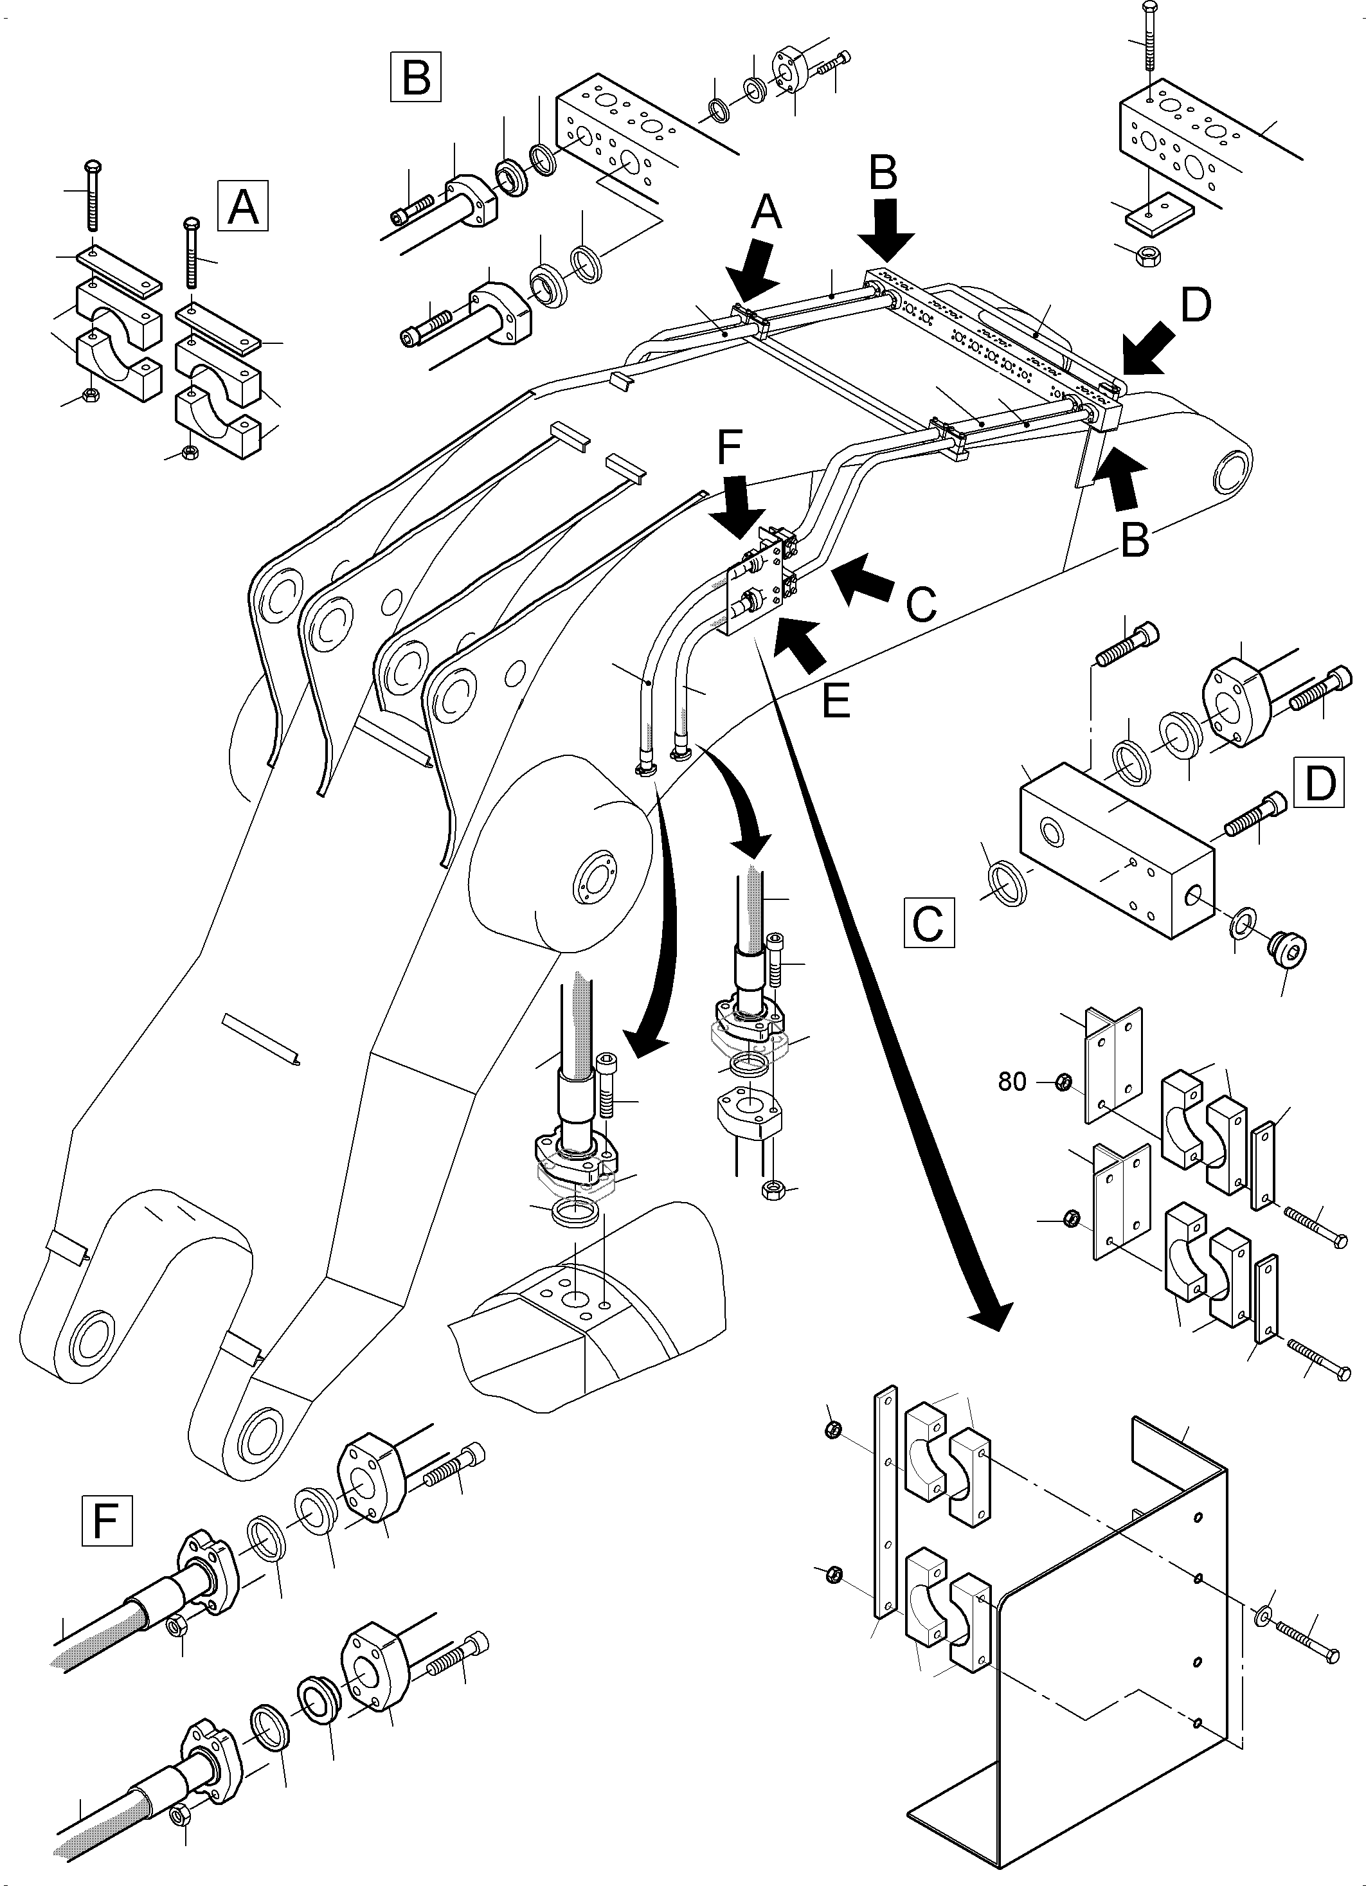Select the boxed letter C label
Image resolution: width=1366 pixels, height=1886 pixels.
929,922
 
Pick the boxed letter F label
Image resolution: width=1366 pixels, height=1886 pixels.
107,1521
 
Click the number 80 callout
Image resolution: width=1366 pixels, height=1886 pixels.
1012,1082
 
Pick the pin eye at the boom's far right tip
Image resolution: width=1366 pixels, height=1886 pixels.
1232,472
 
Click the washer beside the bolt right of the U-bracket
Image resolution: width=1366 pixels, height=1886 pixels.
1264,1614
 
